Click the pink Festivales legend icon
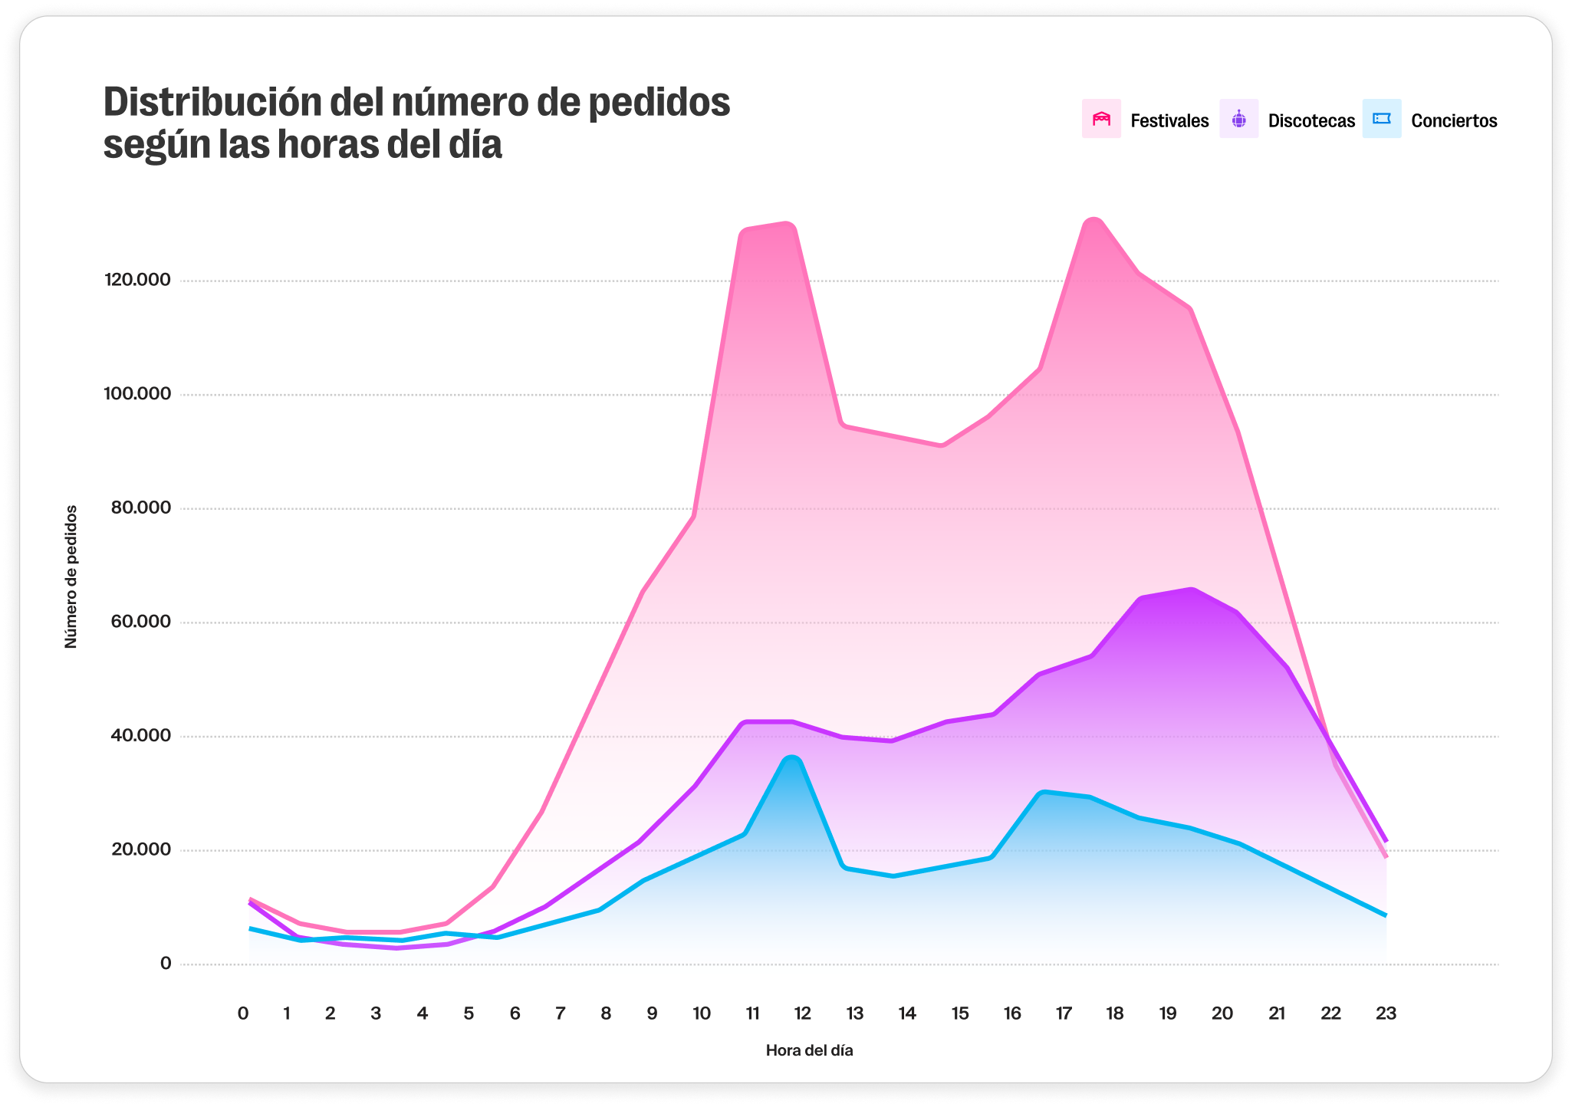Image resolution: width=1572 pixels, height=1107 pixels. (x=1101, y=119)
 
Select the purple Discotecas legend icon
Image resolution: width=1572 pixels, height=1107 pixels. (x=1238, y=119)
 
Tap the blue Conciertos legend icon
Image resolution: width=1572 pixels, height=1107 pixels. (x=1381, y=119)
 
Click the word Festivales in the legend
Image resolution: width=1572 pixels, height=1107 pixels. (x=1169, y=121)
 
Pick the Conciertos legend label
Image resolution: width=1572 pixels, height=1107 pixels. (x=1454, y=121)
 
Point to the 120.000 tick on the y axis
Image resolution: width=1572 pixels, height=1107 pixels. (x=137, y=280)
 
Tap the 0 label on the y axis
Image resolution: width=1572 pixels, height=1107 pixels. (x=166, y=964)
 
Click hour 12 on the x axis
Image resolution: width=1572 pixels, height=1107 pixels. (x=802, y=1013)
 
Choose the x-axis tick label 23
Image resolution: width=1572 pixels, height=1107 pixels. (x=1386, y=1013)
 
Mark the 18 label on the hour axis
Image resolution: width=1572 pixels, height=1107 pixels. (x=1114, y=1013)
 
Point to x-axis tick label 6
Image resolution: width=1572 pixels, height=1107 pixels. (x=515, y=1013)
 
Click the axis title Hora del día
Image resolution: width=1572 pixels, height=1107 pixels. (x=809, y=1050)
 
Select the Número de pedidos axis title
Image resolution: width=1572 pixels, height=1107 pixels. (x=71, y=576)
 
